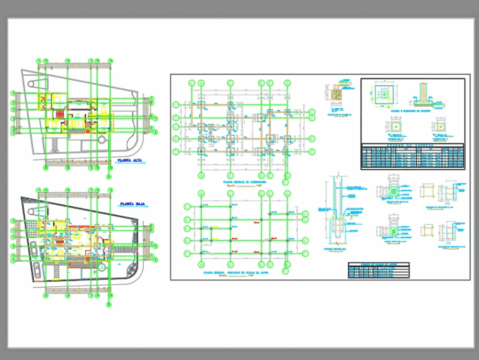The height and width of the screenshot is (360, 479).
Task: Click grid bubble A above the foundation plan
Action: pyautogui.click(x=192, y=83)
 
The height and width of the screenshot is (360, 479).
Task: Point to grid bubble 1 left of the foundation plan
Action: pyautogui.click(x=176, y=105)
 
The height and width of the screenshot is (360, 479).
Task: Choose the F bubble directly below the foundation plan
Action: pyautogui.click(x=286, y=182)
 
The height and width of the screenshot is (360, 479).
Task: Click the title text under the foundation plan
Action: pyautogui.click(x=244, y=183)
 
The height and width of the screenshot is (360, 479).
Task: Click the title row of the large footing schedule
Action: pyautogui.click(x=412, y=146)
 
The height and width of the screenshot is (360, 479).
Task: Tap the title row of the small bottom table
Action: pyautogui.click(x=378, y=265)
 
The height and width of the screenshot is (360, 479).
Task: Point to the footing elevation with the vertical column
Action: pyautogui.click(x=423, y=95)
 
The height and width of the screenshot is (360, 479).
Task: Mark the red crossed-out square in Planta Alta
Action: pyautogui.click(x=88, y=126)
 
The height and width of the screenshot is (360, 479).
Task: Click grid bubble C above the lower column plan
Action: pyautogui.click(x=230, y=194)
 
